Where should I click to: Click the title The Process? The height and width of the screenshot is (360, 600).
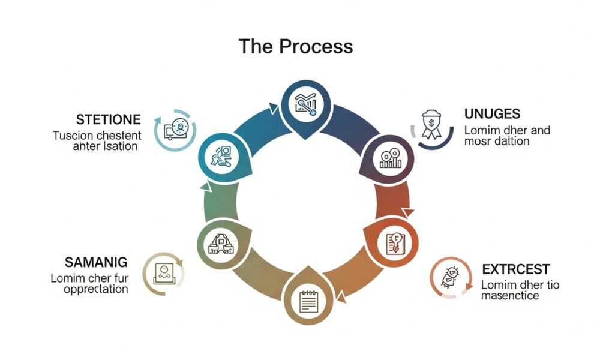295,46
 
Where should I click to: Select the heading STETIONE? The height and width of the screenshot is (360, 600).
109,119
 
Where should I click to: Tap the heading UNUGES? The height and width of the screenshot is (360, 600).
492,114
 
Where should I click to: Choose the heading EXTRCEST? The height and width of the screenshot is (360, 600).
515,269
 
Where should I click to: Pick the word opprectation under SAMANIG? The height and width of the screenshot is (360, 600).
90,289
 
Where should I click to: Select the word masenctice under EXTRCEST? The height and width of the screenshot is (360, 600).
510,296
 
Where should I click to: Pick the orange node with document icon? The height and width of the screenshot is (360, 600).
391,244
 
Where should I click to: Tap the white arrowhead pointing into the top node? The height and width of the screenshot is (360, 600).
273,109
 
